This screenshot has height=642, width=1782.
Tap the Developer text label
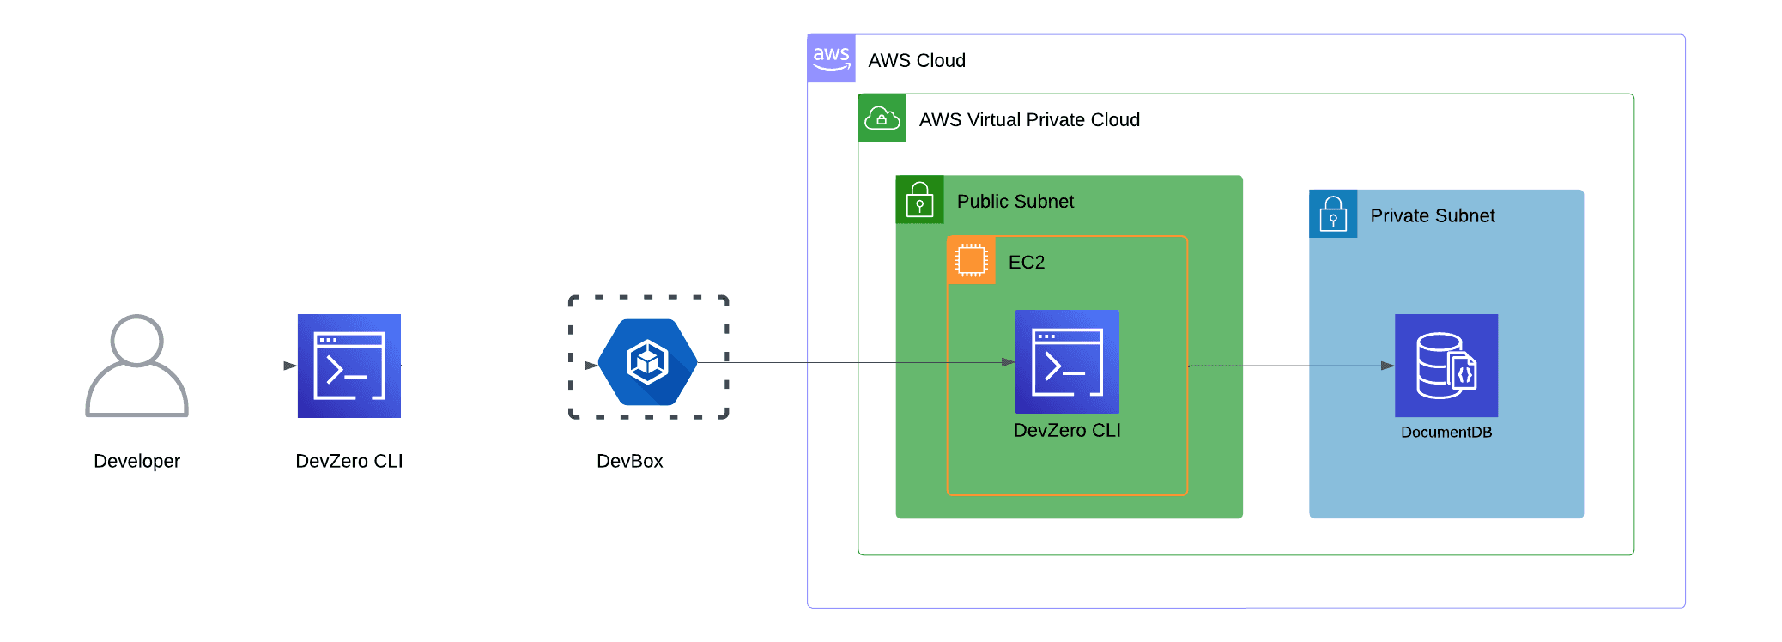tap(136, 461)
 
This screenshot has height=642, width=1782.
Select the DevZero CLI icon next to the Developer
tap(349, 366)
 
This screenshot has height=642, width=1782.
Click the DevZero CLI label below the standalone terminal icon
tap(349, 461)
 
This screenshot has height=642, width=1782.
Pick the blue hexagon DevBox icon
tap(647, 362)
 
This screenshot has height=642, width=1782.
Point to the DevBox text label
tap(629, 461)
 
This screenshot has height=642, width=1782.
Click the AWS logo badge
tap(831, 58)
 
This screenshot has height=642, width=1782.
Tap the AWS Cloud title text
tap(916, 60)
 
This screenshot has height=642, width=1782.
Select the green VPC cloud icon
tap(882, 118)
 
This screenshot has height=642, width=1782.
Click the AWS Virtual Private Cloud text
tap(1028, 119)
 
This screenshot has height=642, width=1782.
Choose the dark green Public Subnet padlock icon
tap(919, 199)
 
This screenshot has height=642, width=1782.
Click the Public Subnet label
tap(1015, 201)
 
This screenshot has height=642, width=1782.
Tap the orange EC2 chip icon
tap(971, 260)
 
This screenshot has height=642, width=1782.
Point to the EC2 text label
tap(1026, 262)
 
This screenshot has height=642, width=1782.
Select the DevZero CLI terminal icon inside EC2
tap(1067, 361)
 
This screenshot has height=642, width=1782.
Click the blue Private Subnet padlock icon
tap(1332, 214)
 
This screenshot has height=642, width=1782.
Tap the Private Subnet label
tap(1432, 215)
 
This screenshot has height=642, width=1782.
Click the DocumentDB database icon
tap(1446, 366)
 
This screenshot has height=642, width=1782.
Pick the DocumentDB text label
tap(1446, 432)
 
